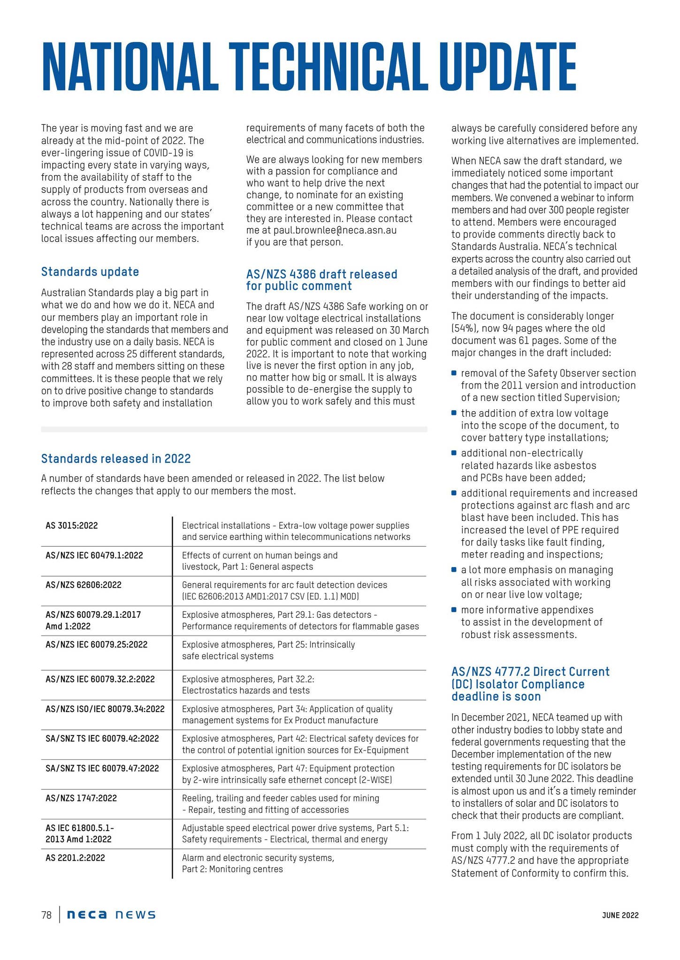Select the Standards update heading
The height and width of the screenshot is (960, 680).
90,272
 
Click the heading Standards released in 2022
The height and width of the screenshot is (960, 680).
116,458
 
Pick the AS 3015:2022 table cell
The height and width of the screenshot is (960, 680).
72,525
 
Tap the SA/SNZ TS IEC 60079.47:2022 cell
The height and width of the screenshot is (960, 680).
102,768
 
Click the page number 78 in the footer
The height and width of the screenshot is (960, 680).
46,915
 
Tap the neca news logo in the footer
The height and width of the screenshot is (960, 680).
111,915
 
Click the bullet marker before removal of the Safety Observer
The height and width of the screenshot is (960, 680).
454,373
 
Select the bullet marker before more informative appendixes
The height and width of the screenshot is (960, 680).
454,610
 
